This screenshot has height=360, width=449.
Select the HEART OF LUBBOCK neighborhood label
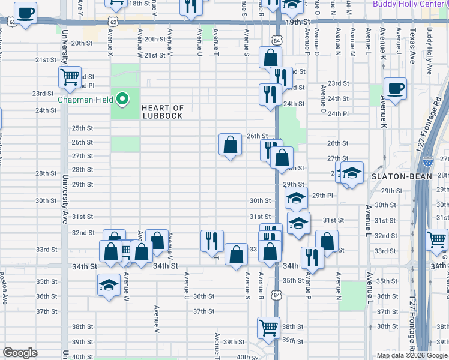point(162,112)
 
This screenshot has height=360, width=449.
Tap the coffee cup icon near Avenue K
point(395,89)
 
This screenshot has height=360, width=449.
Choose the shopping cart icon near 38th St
point(269,328)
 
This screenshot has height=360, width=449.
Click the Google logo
point(20,353)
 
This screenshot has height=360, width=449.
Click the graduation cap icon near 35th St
point(109,284)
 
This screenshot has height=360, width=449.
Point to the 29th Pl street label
point(322,196)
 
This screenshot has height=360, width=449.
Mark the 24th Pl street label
point(339,113)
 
